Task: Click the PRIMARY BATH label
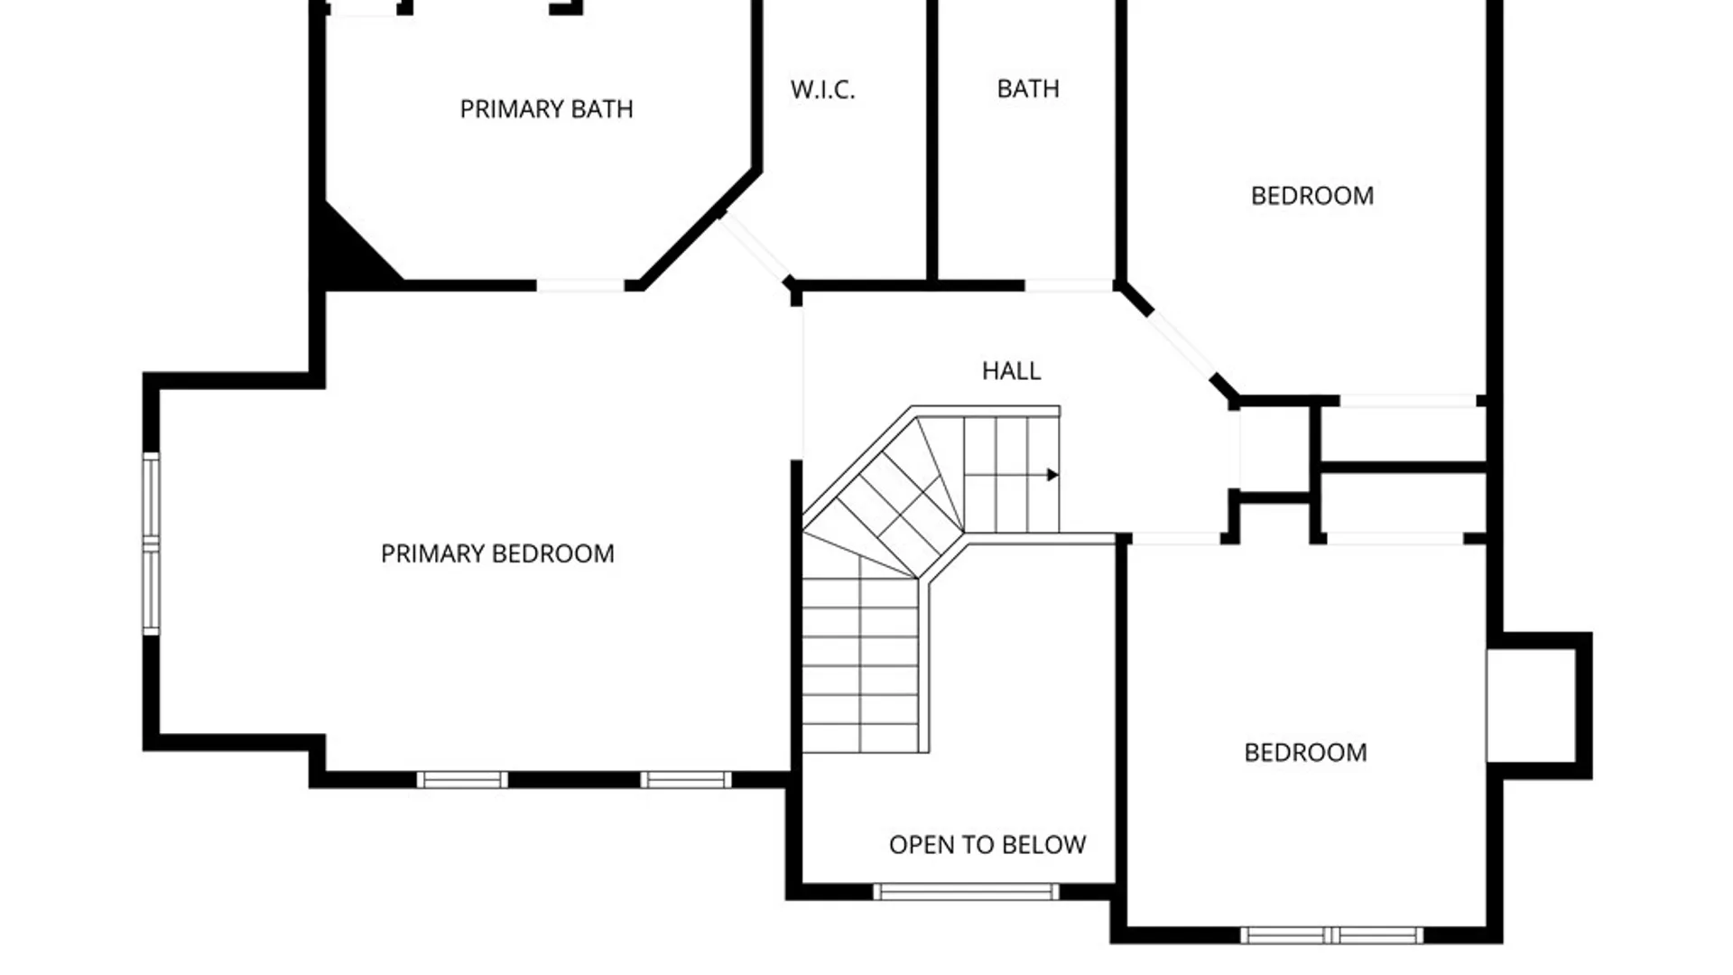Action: [546, 109]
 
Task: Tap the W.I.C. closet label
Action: [822, 89]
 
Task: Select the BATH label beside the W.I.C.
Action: [1028, 88]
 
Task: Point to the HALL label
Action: [1011, 370]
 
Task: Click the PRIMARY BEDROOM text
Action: [497, 553]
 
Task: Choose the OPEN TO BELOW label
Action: [987, 845]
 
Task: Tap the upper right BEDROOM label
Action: [1312, 196]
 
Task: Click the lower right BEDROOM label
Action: [1305, 753]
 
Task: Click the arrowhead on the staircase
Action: [1052, 475]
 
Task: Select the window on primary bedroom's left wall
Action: [151, 543]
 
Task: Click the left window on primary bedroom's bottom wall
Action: [462, 780]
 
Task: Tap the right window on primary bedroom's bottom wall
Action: [686, 780]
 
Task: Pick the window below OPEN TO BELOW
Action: [966, 892]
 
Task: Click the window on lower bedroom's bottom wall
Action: [1331, 935]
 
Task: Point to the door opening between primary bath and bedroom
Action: [580, 285]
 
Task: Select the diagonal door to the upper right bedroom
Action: [1181, 345]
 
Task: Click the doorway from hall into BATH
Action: [1069, 285]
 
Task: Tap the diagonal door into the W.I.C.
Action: [756, 247]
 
